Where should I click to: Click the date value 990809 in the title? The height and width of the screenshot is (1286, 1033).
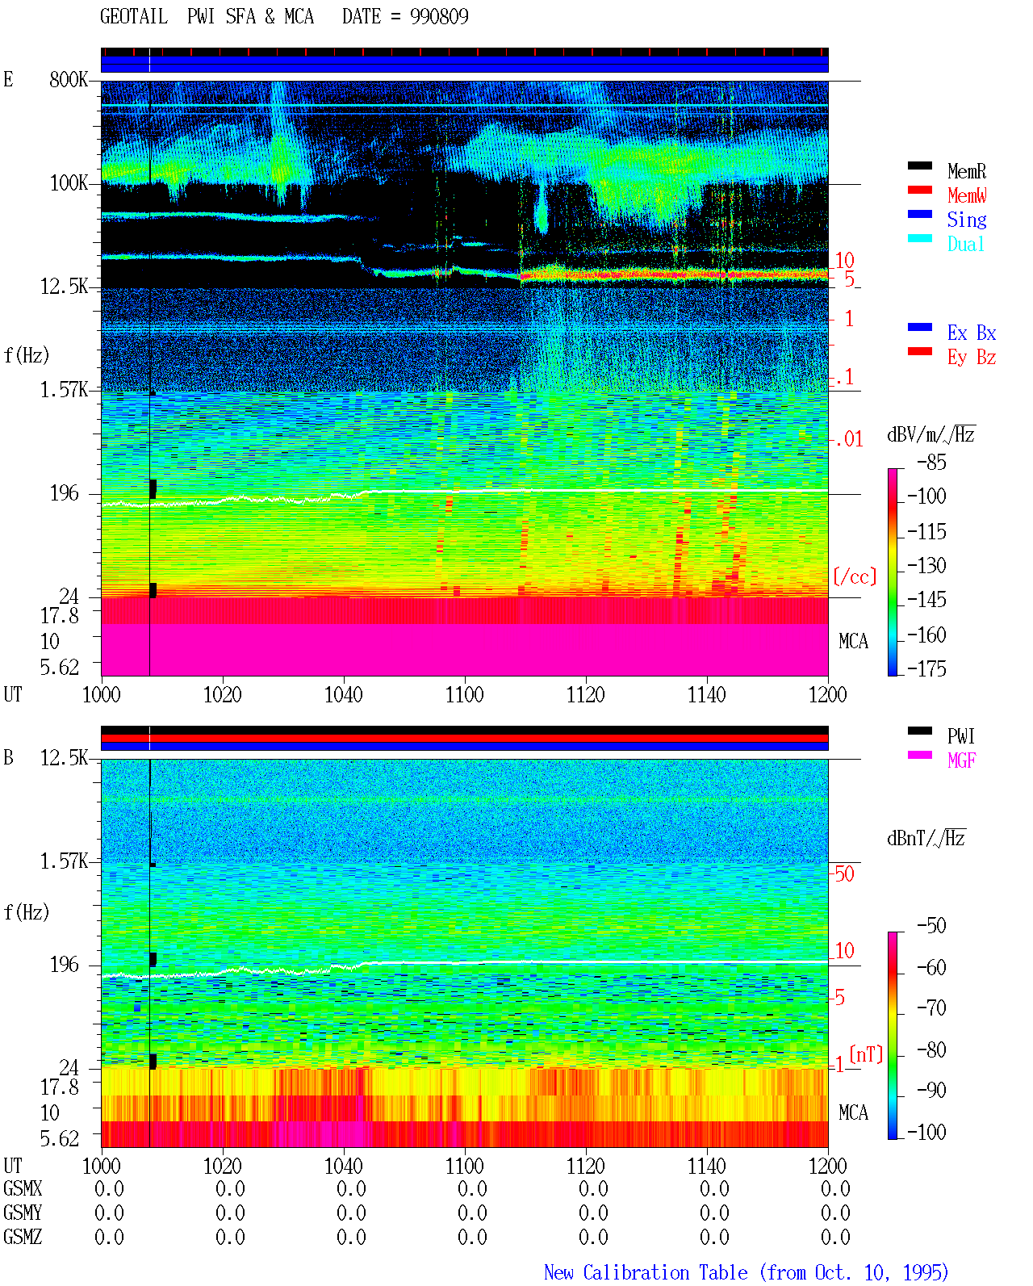click(x=438, y=16)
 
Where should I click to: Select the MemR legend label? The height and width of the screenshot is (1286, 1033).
click(x=966, y=171)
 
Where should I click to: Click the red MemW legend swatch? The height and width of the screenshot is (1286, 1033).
click(x=919, y=190)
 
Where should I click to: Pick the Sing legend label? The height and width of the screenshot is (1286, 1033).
click(x=966, y=220)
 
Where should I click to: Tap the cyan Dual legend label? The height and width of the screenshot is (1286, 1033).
click(x=965, y=244)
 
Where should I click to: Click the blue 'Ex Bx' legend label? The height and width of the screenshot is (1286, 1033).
click(x=971, y=333)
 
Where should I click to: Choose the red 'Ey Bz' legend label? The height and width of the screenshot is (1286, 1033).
click(x=971, y=358)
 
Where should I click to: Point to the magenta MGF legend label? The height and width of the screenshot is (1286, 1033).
click(x=961, y=760)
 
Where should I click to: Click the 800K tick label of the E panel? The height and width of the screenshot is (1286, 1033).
click(x=68, y=79)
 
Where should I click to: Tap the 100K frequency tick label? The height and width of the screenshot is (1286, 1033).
click(x=68, y=183)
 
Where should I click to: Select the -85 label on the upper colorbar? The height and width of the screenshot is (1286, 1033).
click(x=931, y=462)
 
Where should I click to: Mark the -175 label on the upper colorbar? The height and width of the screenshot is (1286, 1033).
click(x=926, y=668)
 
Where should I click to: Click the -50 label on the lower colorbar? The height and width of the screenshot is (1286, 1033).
click(x=931, y=926)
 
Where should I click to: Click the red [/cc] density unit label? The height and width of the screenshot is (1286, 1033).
click(x=855, y=576)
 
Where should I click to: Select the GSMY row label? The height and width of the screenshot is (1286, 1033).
click(x=23, y=1213)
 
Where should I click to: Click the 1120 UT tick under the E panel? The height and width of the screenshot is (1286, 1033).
click(x=586, y=694)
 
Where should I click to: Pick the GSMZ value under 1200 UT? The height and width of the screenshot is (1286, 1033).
click(x=835, y=1237)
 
